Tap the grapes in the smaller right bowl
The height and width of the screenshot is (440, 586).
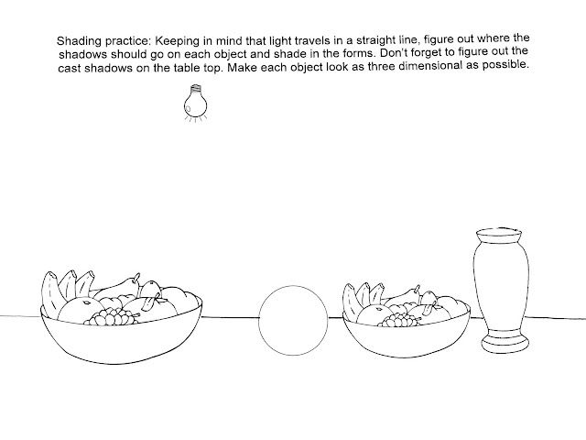pos(399,319)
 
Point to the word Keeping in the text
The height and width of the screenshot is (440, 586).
pos(180,42)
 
